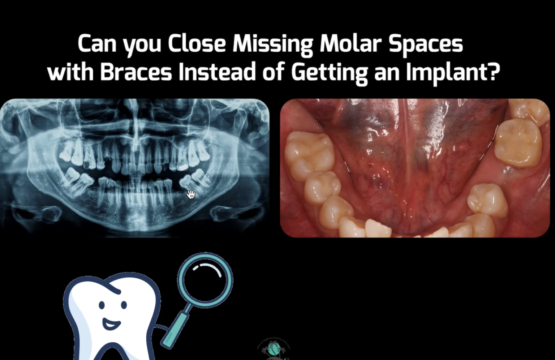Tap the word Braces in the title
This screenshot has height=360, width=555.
coord(136,72)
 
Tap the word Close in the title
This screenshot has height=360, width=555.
coord(197,43)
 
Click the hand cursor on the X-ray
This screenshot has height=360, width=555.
coord(191,194)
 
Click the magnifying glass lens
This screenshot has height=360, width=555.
coord(205,280)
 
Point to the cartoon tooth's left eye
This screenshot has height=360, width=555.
coord(102,306)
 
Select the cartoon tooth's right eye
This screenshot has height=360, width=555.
coord(124,305)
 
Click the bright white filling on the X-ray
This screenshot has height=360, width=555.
coord(183,167)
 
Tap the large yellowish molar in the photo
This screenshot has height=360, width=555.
coord(519,143)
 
